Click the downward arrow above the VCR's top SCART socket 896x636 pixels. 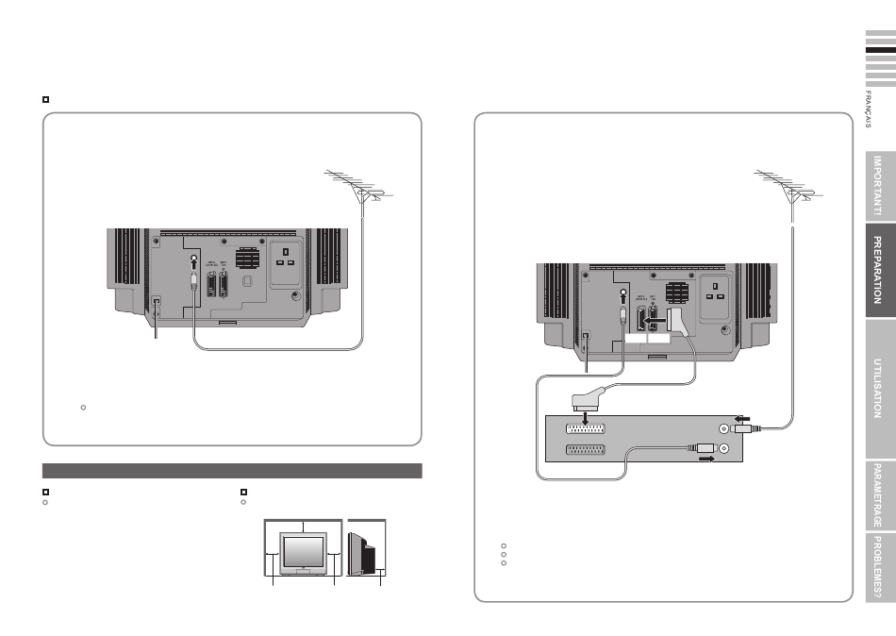585,418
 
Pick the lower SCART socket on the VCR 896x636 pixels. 585,451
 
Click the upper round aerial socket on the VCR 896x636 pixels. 724,428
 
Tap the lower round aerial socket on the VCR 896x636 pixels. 724,449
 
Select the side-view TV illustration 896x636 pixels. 366,547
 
